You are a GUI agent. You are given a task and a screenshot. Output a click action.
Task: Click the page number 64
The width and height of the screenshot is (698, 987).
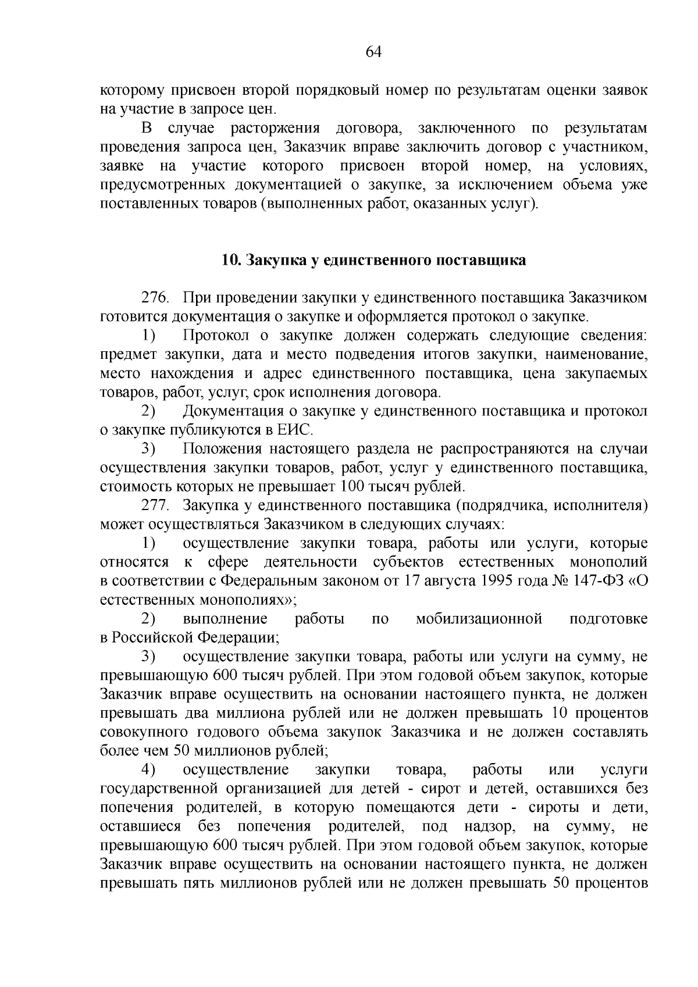[373, 52]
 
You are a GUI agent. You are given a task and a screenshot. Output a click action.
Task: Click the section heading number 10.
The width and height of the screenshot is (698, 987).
[230, 260]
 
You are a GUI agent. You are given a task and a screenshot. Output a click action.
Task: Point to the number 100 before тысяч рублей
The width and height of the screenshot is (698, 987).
[352, 486]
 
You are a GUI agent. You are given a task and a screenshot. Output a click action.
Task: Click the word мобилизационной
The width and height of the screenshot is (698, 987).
[479, 619]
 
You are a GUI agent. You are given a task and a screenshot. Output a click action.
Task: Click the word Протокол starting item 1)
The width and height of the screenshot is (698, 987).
[216, 336]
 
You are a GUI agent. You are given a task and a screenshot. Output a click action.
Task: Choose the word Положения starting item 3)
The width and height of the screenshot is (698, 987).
[220, 449]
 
